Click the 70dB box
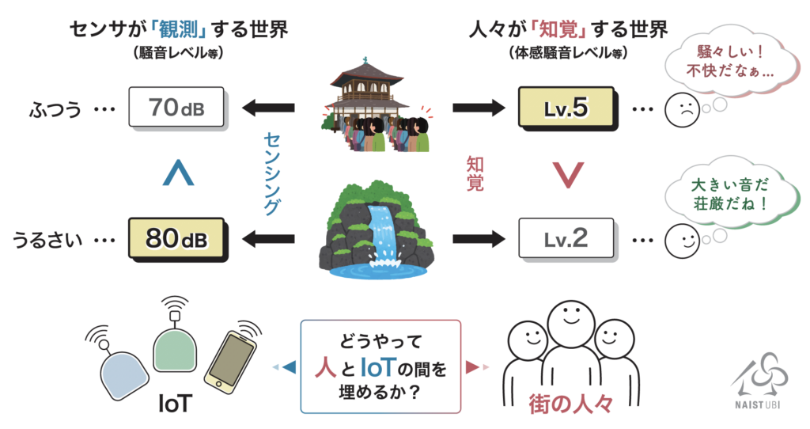pos(176,108)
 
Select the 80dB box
pos(176,239)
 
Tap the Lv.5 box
pos(566,108)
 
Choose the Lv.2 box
pos(566,239)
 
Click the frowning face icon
pos(682,109)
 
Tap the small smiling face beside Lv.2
pos(682,241)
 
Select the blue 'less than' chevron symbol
pos(178,173)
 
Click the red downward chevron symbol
pos(568,175)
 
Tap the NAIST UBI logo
pos(759,381)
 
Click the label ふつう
pos(55,109)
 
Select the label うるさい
pos(47,241)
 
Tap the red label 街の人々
pos(570,404)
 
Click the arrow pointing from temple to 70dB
pos(268,108)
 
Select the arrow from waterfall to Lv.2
pos(479,239)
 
